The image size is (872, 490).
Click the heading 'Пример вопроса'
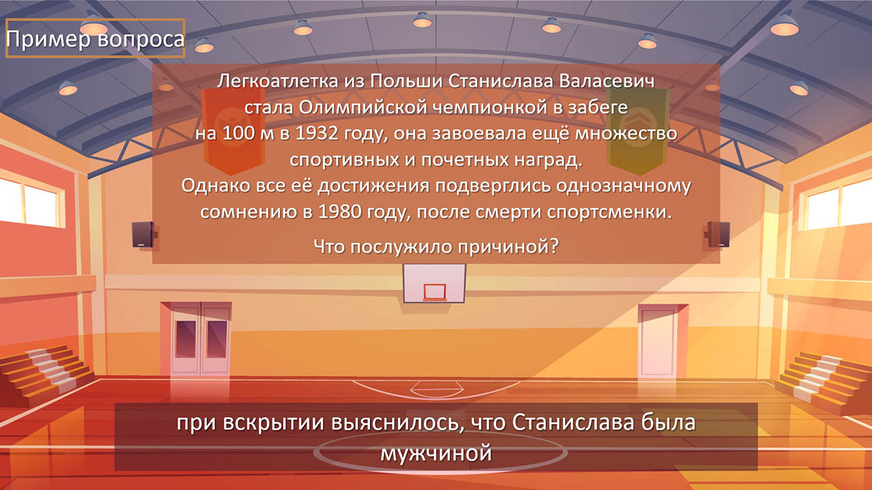95,39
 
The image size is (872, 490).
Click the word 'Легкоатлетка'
277,81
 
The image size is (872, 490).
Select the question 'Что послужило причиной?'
436,246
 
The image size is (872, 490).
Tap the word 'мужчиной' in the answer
436,453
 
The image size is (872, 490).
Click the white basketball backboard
434,283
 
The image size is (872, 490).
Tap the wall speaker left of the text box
142,235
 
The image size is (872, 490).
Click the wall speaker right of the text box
717,235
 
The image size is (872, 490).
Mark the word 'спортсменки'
609,212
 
